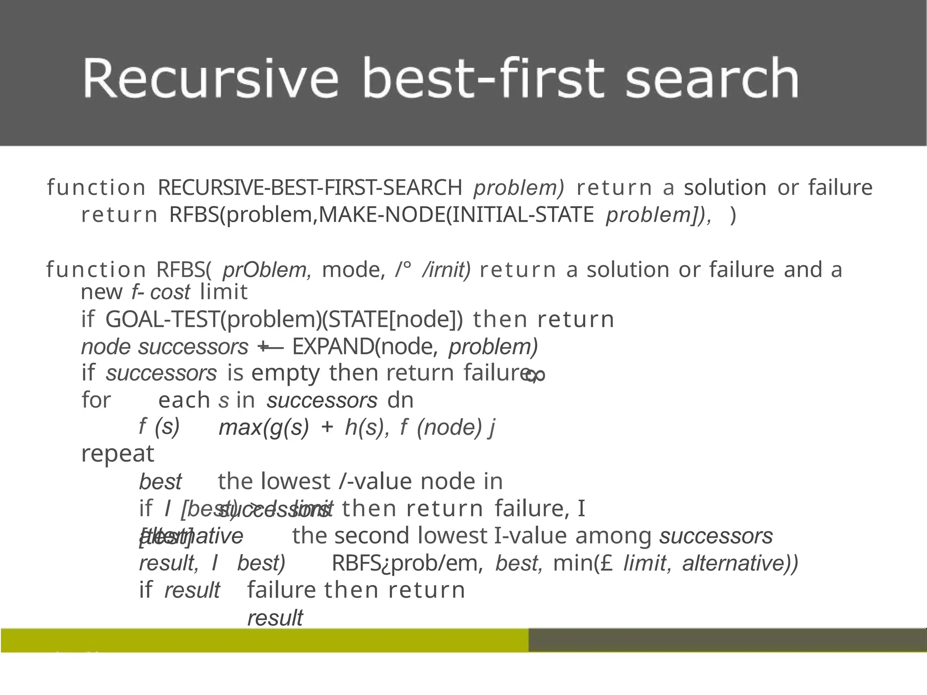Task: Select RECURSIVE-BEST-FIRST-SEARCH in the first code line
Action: pyautogui.click(x=310, y=187)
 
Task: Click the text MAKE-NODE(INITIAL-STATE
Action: pyautogui.click(x=456, y=214)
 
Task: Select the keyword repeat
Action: pyautogui.click(x=118, y=454)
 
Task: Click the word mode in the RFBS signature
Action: pyautogui.click(x=353, y=270)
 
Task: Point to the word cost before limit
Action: pyautogui.click(x=170, y=292)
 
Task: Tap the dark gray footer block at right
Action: pyautogui.click(x=727, y=640)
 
